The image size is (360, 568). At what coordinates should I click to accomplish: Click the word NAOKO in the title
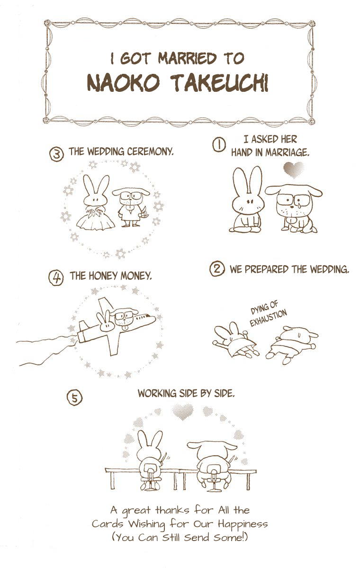124,83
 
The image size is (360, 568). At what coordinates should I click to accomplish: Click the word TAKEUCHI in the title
220,83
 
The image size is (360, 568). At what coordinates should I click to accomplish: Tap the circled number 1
218,145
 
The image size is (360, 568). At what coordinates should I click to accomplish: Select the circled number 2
217,269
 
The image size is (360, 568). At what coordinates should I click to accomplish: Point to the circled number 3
56,154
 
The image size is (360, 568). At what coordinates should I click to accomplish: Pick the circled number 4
56,278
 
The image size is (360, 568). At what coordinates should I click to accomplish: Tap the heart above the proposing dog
294,170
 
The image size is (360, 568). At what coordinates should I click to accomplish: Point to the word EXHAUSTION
269,319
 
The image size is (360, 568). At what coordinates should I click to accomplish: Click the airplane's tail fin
84,326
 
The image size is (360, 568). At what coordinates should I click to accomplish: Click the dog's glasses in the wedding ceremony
130,196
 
